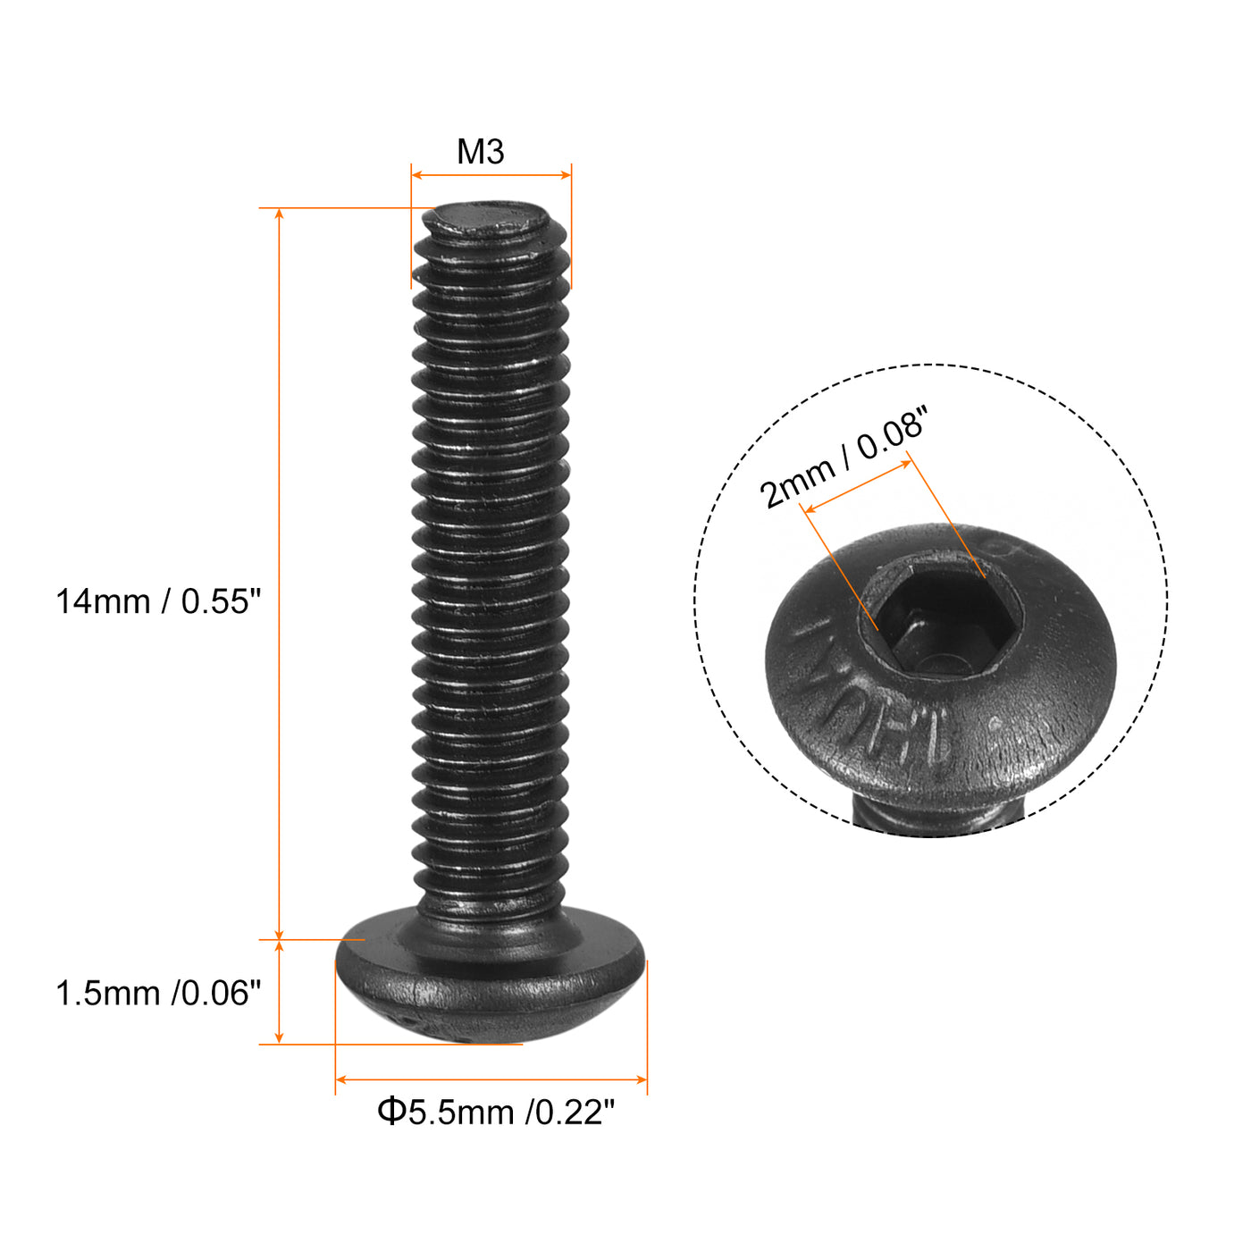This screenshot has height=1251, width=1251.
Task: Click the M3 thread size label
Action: tap(481, 152)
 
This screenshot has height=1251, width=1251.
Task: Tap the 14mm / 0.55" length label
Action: tap(158, 601)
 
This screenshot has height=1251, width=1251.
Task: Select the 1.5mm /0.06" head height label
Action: tap(158, 993)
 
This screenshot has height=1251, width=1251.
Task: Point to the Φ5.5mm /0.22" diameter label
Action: tap(496, 1112)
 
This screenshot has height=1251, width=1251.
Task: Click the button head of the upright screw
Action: tap(490, 983)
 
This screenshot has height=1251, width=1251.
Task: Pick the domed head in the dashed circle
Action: tap(1028, 697)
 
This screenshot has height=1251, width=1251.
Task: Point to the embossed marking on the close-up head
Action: tap(871, 693)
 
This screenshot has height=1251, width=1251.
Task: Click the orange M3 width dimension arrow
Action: tap(491, 175)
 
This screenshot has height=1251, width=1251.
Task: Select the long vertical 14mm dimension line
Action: tap(280, 572)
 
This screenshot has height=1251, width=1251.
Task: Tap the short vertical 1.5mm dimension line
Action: tap(280, 992)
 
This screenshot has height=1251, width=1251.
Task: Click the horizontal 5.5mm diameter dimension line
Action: tap(491, 1079)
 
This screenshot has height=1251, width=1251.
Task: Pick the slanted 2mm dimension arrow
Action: tap(858, 487)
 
